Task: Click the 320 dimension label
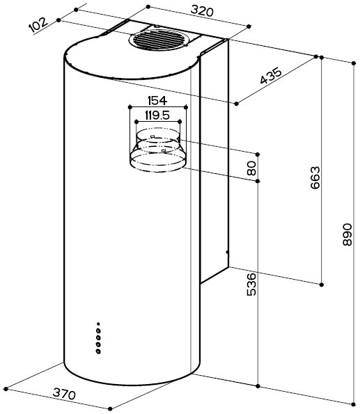coord(202,11)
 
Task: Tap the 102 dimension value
coord(38,24)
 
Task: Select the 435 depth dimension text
coord(271,76)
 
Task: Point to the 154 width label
coord(157,101)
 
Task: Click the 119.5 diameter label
coord(157,115)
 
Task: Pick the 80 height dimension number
coord(251,168)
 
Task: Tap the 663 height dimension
coord(315,177)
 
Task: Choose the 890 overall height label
coord(347,234)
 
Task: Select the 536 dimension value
coord(251,285)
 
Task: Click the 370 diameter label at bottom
coord(64,394)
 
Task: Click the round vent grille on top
coord(158,40)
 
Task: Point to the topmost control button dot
coord(98,324)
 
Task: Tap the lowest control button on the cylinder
coord(98,351)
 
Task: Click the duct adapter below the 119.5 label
coord(158,150)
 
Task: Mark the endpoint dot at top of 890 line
coord(354,63)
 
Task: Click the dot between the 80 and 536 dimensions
coord(258,181)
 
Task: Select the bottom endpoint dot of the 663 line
coord(322,285)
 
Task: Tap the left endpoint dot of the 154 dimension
coord(130,107)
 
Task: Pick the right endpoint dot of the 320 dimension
coord(249,26)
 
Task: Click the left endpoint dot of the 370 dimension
coord(6,389)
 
